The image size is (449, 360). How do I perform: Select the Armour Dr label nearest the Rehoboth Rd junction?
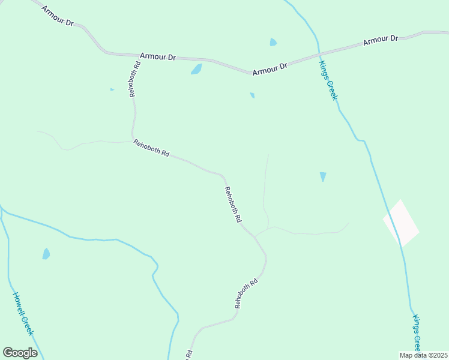coord(158,57)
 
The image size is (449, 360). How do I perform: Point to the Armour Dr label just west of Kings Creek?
coord(270,68)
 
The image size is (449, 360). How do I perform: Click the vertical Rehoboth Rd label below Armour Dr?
coord(135,79)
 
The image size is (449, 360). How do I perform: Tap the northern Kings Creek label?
coord(328,80)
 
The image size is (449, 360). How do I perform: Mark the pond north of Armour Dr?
coord(273,42)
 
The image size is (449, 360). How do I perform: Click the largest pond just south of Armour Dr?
coord(196,69)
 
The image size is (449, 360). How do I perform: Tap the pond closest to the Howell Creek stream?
coord(46,254)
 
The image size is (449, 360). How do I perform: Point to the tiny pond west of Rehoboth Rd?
coord(112,90)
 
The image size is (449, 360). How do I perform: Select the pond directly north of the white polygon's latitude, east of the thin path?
coord(323,176)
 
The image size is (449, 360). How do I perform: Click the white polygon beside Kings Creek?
coord(401,223)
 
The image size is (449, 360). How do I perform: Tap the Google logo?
coord(20,352)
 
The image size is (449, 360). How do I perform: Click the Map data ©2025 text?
coord(423,355)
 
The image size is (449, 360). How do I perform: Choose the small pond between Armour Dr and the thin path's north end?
coord(252,95)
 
